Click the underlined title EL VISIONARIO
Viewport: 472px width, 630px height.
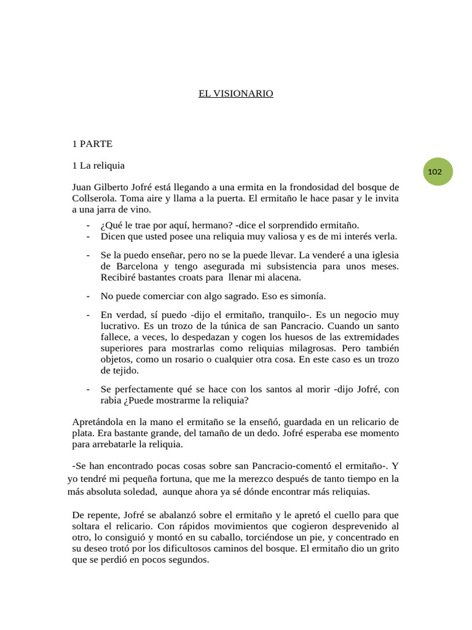tap(235, 94)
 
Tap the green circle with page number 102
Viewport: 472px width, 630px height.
tap(435, 172)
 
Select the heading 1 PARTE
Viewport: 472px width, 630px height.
tap(92, 144)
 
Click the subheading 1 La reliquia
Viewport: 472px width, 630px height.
tap(98, 165)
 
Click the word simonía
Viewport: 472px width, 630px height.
tap(308, 295)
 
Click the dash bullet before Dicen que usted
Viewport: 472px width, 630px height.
tap(89, 236)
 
